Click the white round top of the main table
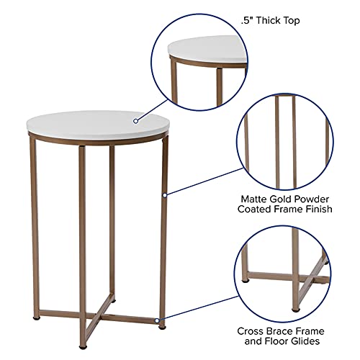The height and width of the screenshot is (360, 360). click(98, 125)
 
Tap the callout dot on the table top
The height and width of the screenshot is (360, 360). click(136, 121)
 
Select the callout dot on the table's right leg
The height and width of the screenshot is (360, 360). click(165, 195)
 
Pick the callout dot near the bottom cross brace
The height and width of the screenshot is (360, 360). click(157, 320)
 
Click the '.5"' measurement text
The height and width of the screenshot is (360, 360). click(246, 20)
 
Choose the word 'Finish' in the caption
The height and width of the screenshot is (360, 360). click(319, 209)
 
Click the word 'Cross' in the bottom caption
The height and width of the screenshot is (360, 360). click(250, 331)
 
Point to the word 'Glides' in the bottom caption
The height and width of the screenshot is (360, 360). click(305, 341)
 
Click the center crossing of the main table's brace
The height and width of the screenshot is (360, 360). click(96, 316)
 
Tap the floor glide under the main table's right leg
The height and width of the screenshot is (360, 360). click(163, 327)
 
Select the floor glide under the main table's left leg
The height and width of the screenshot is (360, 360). click(36, 319)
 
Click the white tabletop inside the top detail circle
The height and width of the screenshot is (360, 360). click(207, 49)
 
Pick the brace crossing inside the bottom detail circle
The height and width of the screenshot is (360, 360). click(308, 279)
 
